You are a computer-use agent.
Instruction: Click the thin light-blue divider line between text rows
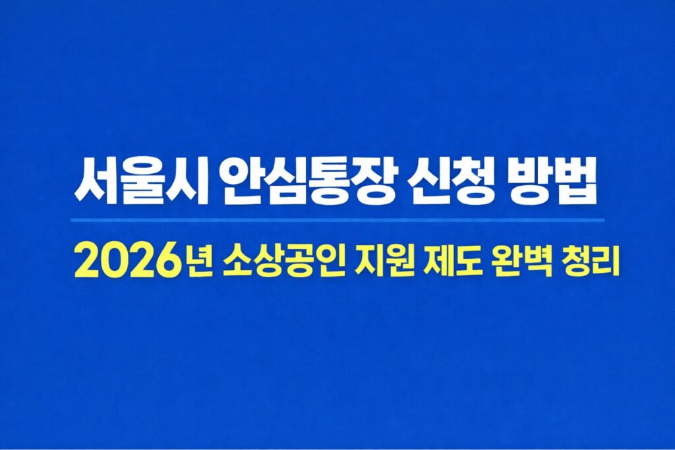[337, 220]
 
